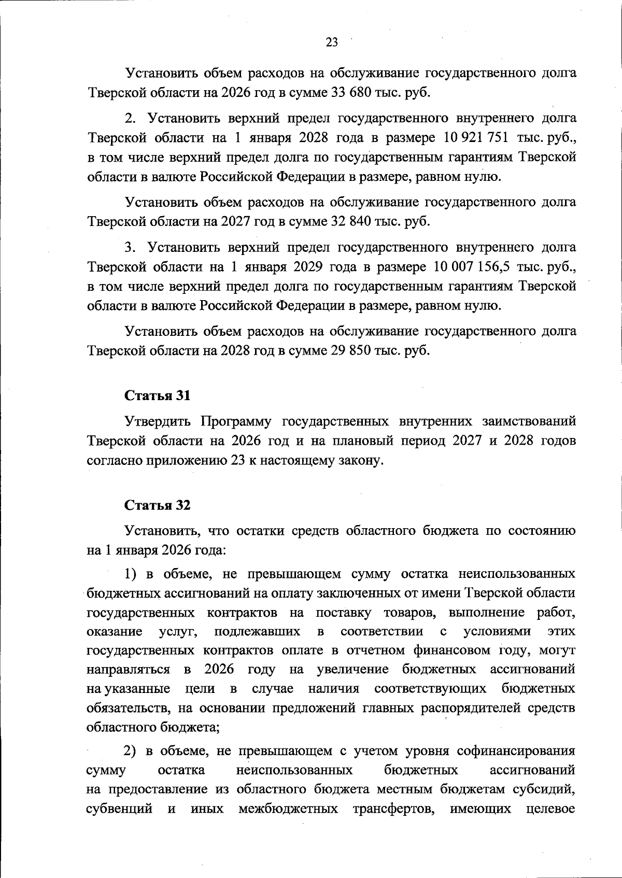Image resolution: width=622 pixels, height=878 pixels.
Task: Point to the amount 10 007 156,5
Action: (x=479, y=267)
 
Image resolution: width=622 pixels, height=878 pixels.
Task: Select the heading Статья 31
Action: (x=157, y=395)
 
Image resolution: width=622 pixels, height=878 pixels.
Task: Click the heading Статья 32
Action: (x=157, y=505)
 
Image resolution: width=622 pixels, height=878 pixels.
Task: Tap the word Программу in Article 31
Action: (x=236, y=421)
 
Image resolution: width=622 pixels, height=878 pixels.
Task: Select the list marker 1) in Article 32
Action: (x=131, y=574)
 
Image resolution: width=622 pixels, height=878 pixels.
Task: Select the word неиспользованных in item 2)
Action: (x=294, y=770)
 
